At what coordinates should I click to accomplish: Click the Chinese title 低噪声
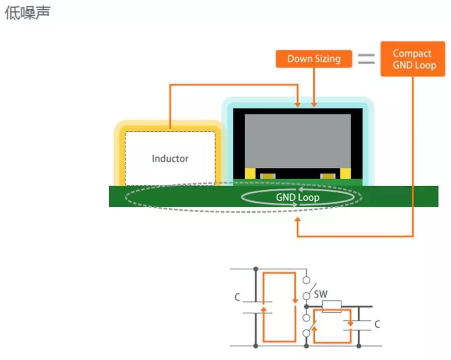(28, 13)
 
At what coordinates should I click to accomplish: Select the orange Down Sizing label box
(314, 59)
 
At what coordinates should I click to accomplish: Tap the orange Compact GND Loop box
(412, 59)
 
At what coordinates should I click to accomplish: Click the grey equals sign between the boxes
(366, 59)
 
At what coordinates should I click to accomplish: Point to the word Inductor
(170, 159)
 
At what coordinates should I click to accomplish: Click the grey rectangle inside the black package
(298, 140)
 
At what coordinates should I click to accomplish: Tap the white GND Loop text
(298, 197)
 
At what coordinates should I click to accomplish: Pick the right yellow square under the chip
(345, 173)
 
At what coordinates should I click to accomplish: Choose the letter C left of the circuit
(238, 297)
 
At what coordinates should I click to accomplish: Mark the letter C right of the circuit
(377, 324)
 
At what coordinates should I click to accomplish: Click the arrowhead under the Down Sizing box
(314, 104)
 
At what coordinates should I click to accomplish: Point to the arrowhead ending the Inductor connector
(298, 104)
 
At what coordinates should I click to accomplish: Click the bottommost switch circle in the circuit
(306, 333)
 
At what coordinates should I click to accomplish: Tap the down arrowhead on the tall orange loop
(295, 299)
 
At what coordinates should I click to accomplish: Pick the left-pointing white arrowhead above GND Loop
(300, 190)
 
